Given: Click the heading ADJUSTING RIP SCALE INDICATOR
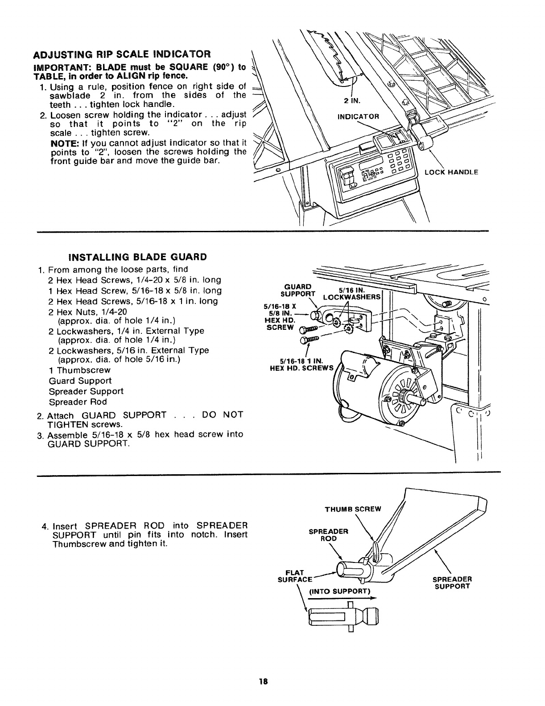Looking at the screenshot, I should (x=121, y=54).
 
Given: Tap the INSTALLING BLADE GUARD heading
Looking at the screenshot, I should (x=138, y=257).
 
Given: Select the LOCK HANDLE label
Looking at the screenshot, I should (x=451, y=172).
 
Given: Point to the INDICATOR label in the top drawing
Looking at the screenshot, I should (x=358, y=117).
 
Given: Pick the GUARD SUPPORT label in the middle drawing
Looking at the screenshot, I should (x=297, y=291).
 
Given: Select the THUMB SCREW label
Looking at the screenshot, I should (x=359, y=509).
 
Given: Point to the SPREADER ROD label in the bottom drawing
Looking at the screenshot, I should (x=328, y=534).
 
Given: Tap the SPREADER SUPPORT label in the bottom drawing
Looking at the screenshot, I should (x=452, y=583).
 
